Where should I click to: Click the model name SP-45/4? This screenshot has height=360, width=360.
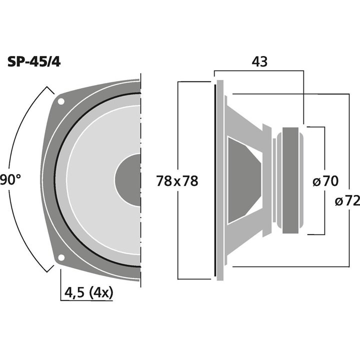(x=34, y=62)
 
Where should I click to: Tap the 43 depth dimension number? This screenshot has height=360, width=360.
(x=259, y=61)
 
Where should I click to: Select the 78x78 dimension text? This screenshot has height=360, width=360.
(x=177, y=180)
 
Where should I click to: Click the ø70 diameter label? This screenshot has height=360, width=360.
(x=325, y=180)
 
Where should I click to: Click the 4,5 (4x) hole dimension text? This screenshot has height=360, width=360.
(x=88, y=292)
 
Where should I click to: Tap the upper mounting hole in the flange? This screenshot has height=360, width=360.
(x=61, y=101)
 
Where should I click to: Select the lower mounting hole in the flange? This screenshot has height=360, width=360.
(x=61, y=257)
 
